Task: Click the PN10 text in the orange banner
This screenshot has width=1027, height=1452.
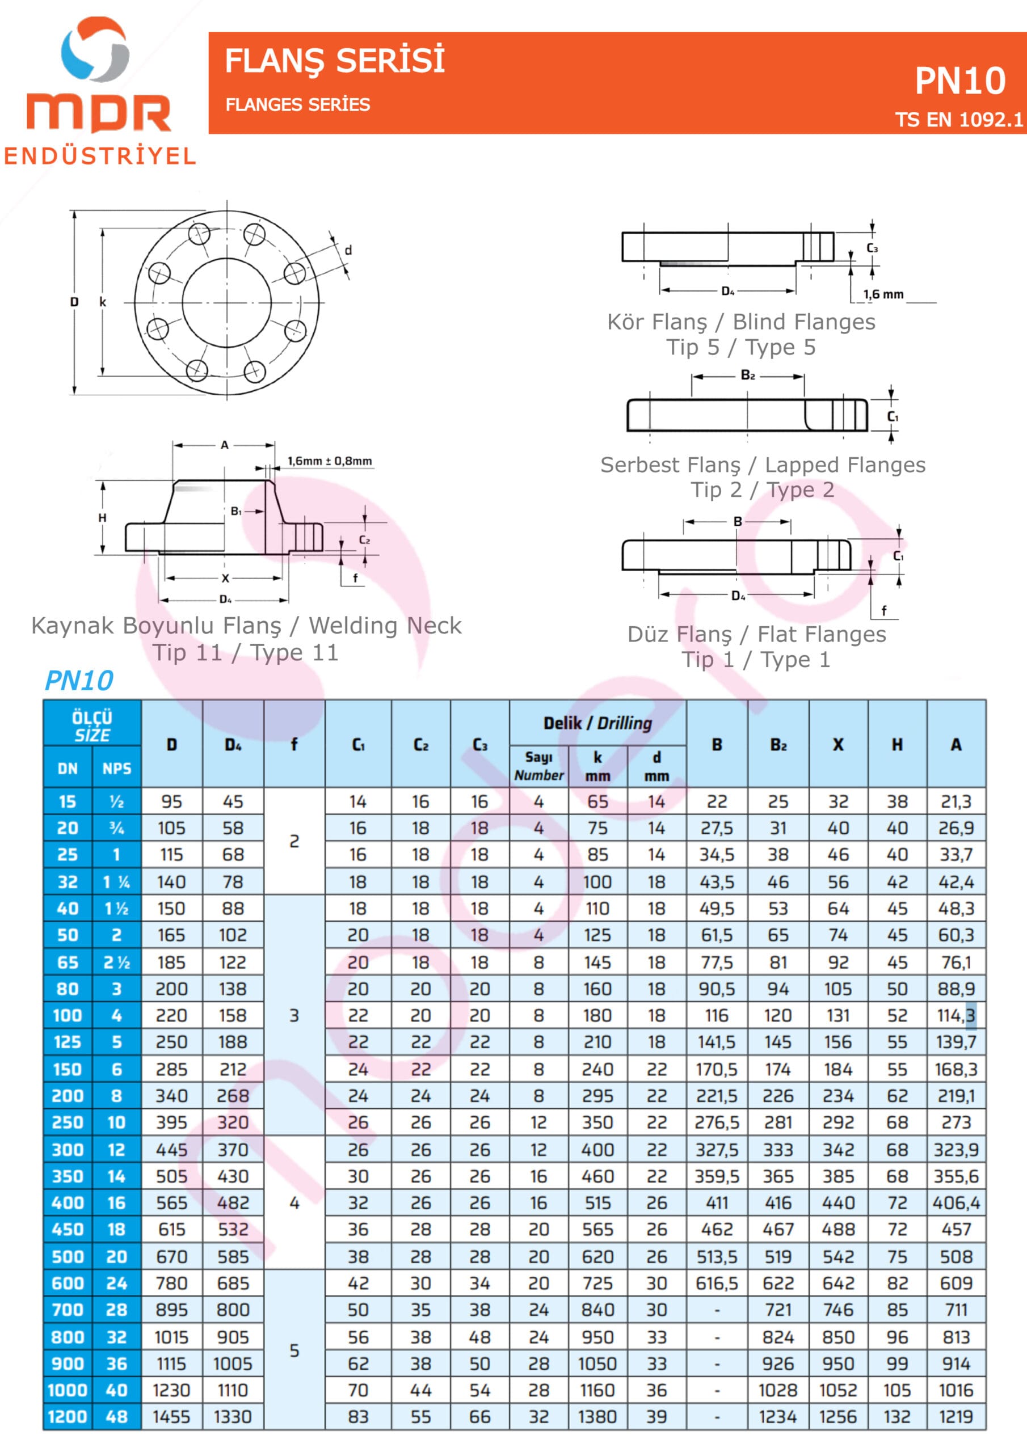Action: point(959,81)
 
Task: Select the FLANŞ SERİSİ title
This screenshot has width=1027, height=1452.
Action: point(335,61)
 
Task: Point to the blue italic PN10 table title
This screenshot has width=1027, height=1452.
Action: point(79,681)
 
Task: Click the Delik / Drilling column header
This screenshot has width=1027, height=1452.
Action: point(597,723)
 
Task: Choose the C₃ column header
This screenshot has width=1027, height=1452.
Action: point(479,744)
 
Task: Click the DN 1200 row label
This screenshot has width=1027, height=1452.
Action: point(67,1417)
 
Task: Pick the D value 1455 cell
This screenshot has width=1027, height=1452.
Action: point(171,1417)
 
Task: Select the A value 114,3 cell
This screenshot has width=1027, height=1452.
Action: point(956,1016)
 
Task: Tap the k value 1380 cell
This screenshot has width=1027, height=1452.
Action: point(597,1417)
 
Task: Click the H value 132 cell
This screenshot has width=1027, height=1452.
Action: point(896,1417)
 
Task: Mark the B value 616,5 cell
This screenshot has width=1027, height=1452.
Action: point(717,1283)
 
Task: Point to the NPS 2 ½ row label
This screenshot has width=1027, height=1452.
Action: point(116,963)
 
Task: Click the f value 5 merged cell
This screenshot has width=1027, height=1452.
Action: point(294,1350)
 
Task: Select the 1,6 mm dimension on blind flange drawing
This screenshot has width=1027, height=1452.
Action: point(883,294)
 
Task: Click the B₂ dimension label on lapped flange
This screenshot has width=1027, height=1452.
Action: point(747,375)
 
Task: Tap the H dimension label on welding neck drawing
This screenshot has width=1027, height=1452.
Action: point(103,518)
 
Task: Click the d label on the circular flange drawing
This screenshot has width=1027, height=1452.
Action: point(348,251)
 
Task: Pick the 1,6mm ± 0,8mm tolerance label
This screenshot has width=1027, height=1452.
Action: point(330,461)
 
